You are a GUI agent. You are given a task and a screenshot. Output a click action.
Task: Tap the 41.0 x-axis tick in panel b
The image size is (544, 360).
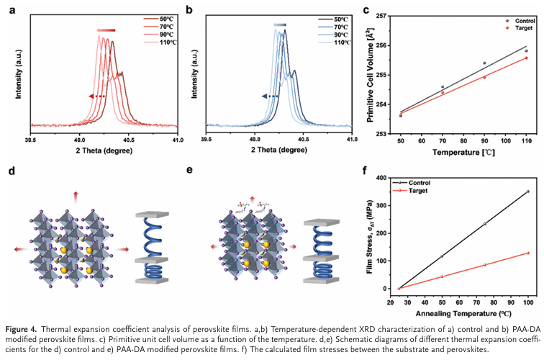[351, 140]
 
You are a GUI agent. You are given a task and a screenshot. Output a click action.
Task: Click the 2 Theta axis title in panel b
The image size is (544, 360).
[280, 152]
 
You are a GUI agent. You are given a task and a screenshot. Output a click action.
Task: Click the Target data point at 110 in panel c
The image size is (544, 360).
[526, 58]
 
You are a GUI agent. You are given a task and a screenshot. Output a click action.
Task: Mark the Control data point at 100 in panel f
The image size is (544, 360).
[528, 192]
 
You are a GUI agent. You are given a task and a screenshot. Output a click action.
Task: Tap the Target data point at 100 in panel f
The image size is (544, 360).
[528, 253]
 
